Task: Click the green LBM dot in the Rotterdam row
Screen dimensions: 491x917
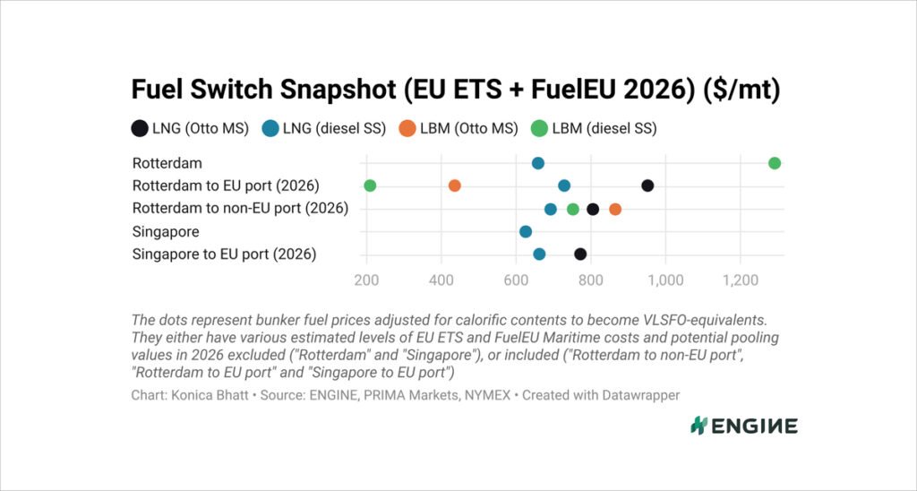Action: [775, 163]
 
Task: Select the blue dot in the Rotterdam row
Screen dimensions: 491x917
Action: [538, 163]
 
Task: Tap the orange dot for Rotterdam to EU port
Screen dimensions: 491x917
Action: [454, 185]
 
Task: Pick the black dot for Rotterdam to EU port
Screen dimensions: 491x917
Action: [647, 185]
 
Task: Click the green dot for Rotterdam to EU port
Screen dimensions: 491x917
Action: [370, 185]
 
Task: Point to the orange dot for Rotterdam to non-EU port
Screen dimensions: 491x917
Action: [615, 209]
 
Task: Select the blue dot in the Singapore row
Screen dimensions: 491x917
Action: [526, 231]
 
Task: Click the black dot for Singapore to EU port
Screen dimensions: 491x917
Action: [580, 254]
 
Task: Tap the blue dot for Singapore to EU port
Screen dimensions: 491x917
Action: [539, 254]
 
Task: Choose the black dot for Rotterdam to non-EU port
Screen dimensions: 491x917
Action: [593, 209]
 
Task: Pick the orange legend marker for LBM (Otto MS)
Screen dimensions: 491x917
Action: [407, 128]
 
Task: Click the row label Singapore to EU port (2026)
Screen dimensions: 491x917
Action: [224, 254]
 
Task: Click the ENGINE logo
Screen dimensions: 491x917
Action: [743, 426]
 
